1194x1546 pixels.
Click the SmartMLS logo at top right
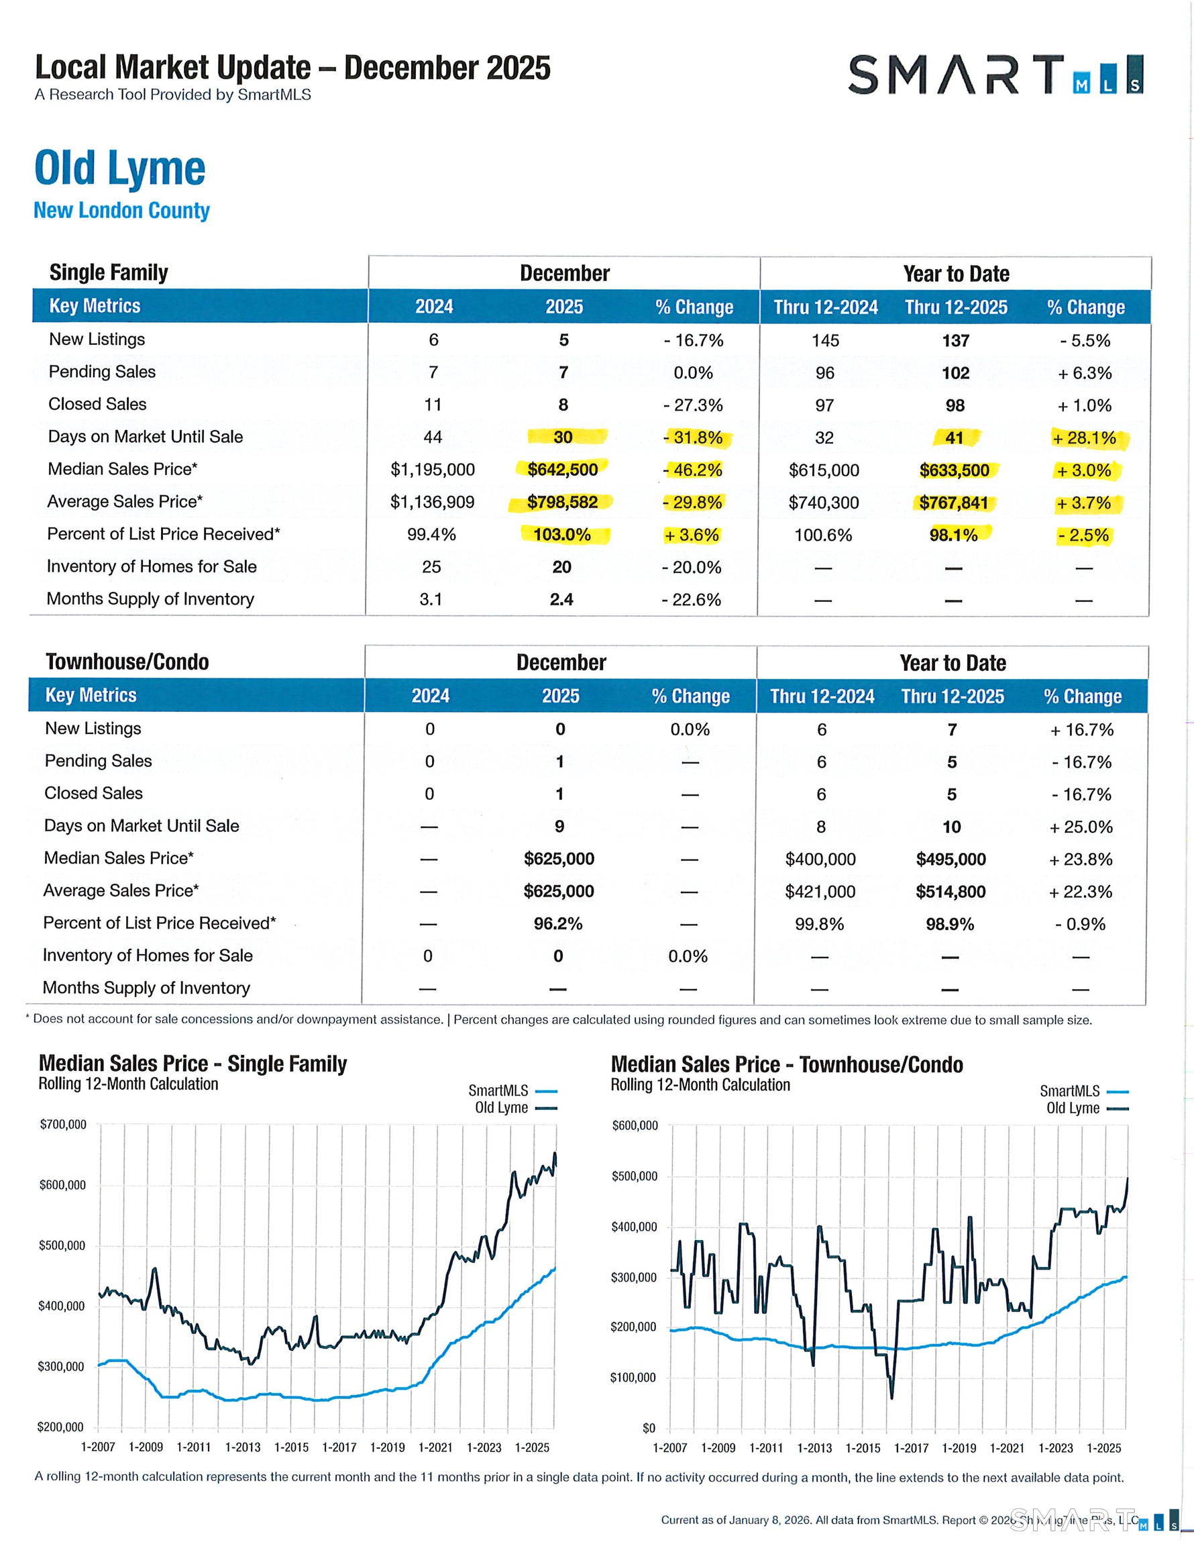(994, 74)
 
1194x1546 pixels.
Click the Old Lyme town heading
(119, 168)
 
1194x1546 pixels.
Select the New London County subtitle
(121, 210)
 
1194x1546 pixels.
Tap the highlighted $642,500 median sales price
(563, 469)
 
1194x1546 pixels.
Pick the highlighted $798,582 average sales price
(562, 502)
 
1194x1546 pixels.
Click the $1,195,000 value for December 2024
(433, 469)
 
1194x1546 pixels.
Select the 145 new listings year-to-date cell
(825, 340)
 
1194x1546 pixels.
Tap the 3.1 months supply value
(431, 600)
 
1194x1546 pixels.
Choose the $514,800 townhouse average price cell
(951, 891)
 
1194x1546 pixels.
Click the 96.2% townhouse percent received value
(558, 924)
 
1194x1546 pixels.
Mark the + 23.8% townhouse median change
(1081, 860)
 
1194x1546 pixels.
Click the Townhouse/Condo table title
(127, 662)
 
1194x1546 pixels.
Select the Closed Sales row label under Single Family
(98, 404)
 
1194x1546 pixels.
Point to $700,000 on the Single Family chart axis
(63, 1124)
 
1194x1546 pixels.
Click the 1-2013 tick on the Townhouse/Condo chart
(814, 1447)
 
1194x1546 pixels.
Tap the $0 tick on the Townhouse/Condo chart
(649, 1428)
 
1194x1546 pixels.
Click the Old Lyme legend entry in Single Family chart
(502, 1108)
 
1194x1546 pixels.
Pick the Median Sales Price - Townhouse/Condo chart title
(786, 1065)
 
